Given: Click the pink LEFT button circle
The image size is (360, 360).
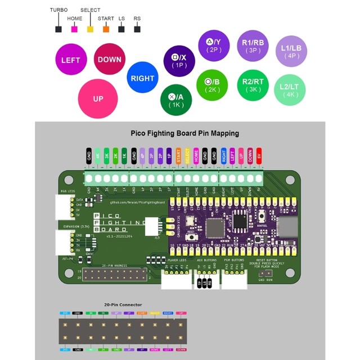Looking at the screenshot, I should pyautogui.click(x=71, y=60).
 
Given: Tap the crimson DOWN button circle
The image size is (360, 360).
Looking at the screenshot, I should pyautogui.click(x=109, y=59).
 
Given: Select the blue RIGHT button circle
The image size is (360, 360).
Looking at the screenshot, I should pyautogui.click(x=142, y=78).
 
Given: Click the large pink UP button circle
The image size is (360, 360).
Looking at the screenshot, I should pyautogui.click(x=98, y=99).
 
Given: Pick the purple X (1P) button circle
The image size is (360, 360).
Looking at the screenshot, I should pyautogui.click(x=179, y=61).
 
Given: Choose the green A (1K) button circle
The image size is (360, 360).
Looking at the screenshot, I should pyautogui.click(x=176, y=100).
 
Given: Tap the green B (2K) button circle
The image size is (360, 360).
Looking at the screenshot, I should pyautogui.click(x=212, y=85).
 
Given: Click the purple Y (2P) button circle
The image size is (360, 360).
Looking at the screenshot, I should pyautogui.click(x=214, y=45).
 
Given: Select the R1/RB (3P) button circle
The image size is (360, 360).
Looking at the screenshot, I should pyautogui.click(x=253, y=46).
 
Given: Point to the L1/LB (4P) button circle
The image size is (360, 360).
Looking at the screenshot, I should pyautogui.click(x=291, y=52).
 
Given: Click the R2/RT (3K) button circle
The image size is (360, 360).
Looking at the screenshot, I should pyautogui.click(x=253, y=85).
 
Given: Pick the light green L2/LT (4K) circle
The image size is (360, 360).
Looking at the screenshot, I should pyautogui.click(x=291, y=90).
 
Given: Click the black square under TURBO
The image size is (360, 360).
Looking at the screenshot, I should pyautogui.click(x=58, y=29).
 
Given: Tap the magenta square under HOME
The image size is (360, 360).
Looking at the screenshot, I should pyautogui.click(x=74, y=29).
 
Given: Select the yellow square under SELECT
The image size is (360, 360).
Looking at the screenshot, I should pyautogui.click(x=90, y=29).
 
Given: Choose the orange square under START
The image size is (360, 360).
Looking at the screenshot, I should pyautogui.click(x=106, y=29).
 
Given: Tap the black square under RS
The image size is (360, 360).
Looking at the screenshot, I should pyautogui.click(x=137, y=29).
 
